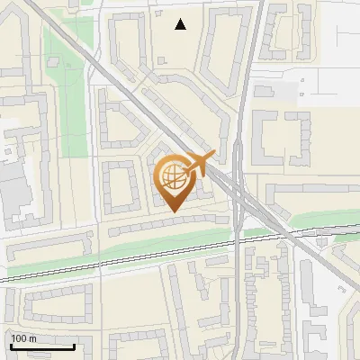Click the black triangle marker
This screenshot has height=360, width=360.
tap(181, 24)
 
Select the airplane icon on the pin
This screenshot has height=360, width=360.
tap(197, 164)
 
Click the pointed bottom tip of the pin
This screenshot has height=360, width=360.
tap(172, 211)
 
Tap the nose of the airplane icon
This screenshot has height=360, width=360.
tap(211, 156)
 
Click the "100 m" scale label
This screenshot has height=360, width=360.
tap(23, 338)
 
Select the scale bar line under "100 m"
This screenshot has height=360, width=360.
tap(41, 346)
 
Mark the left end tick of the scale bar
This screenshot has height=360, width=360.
tap(10, 344)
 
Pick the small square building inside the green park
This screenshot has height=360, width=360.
tap(54, 61)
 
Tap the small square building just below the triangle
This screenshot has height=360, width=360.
tap(161, 60)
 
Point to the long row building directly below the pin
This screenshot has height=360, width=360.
tap(166, 225)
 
